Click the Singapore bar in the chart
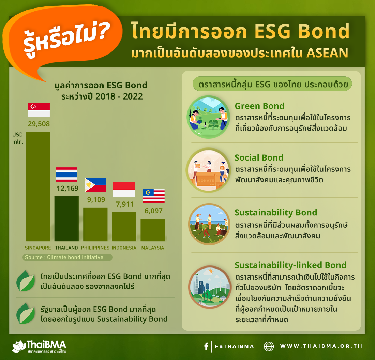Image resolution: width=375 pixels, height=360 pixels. [x=38, y=186]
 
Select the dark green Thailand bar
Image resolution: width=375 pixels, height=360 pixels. [x=66, y=219]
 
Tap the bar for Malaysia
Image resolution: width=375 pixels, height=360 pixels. [x=153, y=230]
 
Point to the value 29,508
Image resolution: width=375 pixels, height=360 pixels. [x=39, y=124]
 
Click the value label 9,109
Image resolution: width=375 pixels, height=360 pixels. [x=96, y=200]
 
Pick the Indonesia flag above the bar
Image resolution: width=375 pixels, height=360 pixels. [x=124, y=190]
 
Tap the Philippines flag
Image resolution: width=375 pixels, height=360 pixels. [x=95, y=185]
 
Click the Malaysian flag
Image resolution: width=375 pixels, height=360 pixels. [x=153, y=196]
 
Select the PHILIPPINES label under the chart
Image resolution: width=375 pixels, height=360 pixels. [x=95, y=248]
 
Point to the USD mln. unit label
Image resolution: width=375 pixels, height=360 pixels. [x=18, y=138]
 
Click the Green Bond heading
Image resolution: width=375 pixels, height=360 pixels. [x=259, y=106]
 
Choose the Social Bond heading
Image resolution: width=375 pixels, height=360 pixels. [x=259, y=157]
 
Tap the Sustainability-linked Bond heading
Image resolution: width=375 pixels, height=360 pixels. [x=290, y=265]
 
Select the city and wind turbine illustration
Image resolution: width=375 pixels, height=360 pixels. [x=210, y=287]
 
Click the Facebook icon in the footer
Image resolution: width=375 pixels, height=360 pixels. [x=206, y=346]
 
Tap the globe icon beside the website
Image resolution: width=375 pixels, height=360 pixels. [x=269, y=346]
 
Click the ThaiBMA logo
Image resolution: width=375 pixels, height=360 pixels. [x=39, y=346]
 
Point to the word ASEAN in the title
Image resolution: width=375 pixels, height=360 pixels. [x=327, y=53]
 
